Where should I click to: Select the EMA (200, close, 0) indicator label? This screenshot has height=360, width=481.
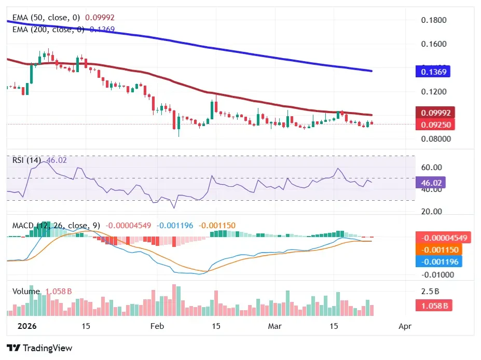[x=48, y=30]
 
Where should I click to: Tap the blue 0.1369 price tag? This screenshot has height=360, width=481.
[x=433, y=72]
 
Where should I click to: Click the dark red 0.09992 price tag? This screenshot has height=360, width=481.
[x=435, y=113]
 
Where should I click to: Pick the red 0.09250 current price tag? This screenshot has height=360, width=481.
[x=435, y=124]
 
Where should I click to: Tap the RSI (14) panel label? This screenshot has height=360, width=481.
[x=26, y=160]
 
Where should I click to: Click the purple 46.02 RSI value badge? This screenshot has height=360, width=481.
[x=430, y=182]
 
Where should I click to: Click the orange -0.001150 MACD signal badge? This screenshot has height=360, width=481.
[x=438, y=250]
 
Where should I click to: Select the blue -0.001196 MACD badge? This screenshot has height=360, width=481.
[x=438, y=261]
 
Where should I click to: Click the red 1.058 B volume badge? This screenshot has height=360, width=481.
[x=433, y=306]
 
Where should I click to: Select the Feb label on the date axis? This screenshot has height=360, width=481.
[x=157, y=326]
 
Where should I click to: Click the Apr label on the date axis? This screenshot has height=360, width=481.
[x=405, y=326]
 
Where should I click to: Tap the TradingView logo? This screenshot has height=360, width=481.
[x=39, y=348]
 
